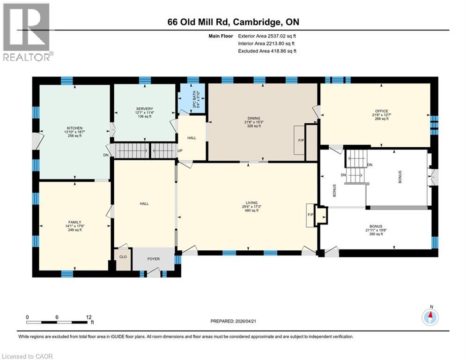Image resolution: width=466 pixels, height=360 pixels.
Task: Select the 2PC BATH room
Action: (193, 100)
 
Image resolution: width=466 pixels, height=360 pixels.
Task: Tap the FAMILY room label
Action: (74, 222)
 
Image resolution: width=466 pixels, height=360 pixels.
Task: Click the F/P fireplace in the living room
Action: (311, 215)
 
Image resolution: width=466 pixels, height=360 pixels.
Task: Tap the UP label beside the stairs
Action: (179, 151)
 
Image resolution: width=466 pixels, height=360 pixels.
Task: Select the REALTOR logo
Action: (27, 32)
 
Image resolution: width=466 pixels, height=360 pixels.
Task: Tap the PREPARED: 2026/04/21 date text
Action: (240, 321)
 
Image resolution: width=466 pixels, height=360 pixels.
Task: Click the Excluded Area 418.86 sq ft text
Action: (267, 51)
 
